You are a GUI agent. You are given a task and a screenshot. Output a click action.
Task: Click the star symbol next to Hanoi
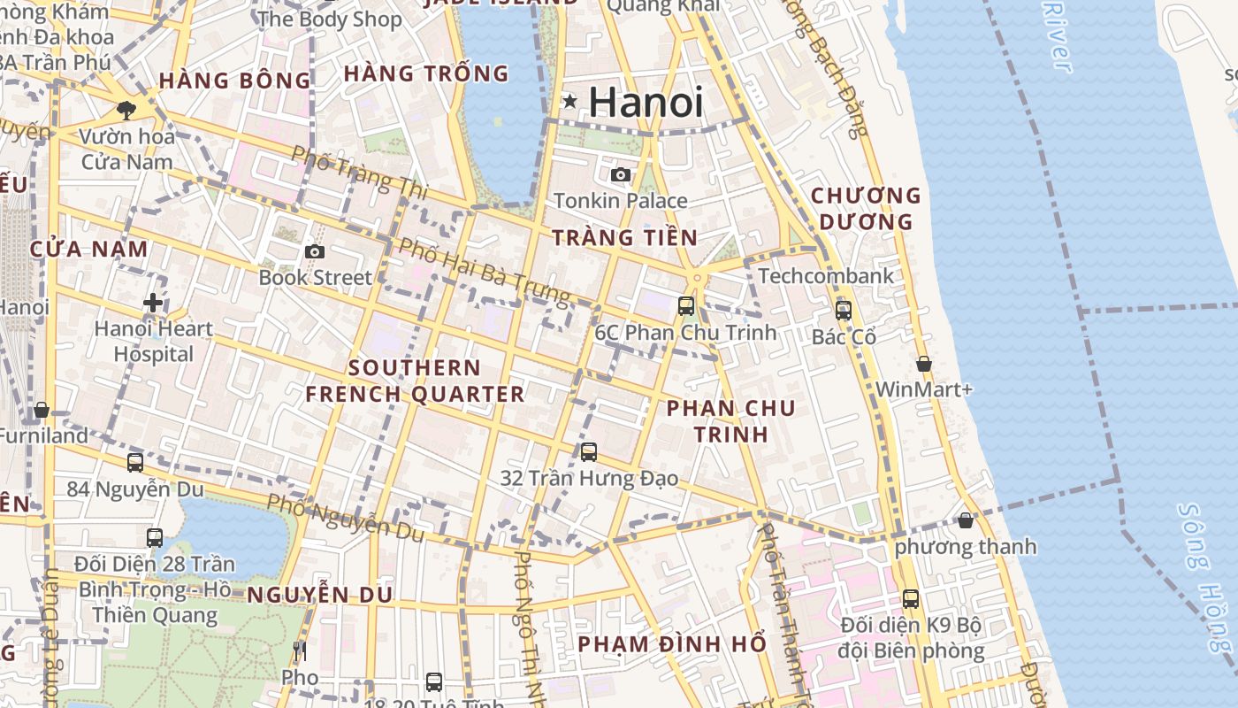click(570, 102)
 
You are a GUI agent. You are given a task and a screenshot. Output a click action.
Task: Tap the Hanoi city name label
click(646, 102)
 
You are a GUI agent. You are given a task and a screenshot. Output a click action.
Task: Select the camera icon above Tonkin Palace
click(621, 174)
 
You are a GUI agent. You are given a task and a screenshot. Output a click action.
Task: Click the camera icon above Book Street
click(315, 252)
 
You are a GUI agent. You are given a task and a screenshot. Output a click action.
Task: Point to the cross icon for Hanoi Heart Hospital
click(153, 303)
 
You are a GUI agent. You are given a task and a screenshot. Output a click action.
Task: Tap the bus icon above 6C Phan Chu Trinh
click(686, 306)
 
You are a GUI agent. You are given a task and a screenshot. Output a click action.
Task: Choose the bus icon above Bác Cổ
click(844, 311)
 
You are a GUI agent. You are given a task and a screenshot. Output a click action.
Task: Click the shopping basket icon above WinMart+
click(924, 364)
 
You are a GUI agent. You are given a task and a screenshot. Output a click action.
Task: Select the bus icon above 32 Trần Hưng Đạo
click(589, 452)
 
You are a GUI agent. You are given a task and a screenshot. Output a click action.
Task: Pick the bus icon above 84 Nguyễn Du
click(135, 463)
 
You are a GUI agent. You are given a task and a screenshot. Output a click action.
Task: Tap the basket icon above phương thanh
click(966, 520)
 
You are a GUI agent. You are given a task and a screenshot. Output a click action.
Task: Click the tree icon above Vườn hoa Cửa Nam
click(126, 111)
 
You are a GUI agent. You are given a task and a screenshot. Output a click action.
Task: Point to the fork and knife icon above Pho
click(300, 652)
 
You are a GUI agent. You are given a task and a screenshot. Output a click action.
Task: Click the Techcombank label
click(826, 276)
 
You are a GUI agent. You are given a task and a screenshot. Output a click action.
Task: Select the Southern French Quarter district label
click(415, 381)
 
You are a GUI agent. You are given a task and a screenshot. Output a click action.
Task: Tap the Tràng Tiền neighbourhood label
click(625, 237)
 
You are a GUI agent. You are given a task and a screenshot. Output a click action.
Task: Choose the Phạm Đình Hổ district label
click(671, 644)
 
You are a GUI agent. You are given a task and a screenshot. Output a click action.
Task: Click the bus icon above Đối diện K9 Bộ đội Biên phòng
click(911, 599)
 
